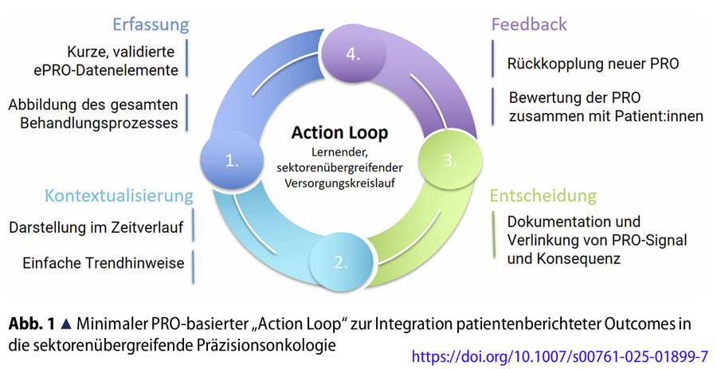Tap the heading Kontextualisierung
click(119, 195)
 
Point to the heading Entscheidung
click(542, 195)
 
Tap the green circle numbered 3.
click(449, 159)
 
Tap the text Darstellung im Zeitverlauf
click(96, 228)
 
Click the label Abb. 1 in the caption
click(31, 324)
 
